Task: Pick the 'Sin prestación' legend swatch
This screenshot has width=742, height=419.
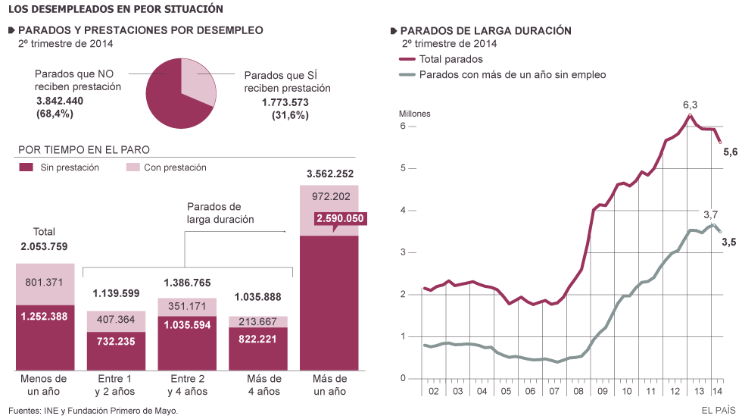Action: pos(26,167)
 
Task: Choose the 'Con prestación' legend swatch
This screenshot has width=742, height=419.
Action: pos(132,167)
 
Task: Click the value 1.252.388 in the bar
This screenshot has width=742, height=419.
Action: pos(45,317)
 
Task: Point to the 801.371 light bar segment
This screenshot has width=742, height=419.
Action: pos(45,283)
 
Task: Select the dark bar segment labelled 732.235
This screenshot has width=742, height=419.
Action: pos(117,342)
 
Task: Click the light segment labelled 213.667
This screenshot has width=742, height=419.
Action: pos(259,321)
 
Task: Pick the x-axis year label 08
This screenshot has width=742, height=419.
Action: pos(578,391)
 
